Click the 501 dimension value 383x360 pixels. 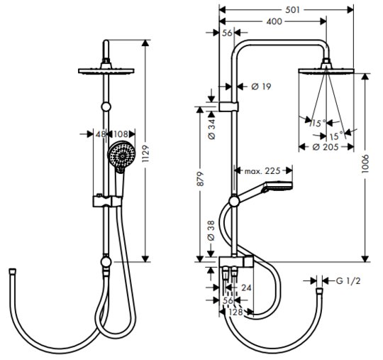pyautogui.click(x=292, y=10)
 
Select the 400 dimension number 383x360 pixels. pyautogui.click(x=274, y=21)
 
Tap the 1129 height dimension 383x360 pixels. pyautogui.click(x=145, y=153)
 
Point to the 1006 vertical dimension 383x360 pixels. pyautogui.click(x=365, y=164)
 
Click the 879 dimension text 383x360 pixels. pyautogui.click(x=200, y=179)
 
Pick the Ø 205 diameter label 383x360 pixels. pyautogui.click(x=326, y=147)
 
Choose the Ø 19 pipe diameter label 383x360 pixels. pyautogui.click(x=261, y=87)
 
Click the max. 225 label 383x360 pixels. pyautogui.click(x=262, y=170)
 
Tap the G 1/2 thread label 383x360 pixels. pyautogui.click(x=348, y=281)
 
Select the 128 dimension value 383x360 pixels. pyautogui.click(x=235, y=312)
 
